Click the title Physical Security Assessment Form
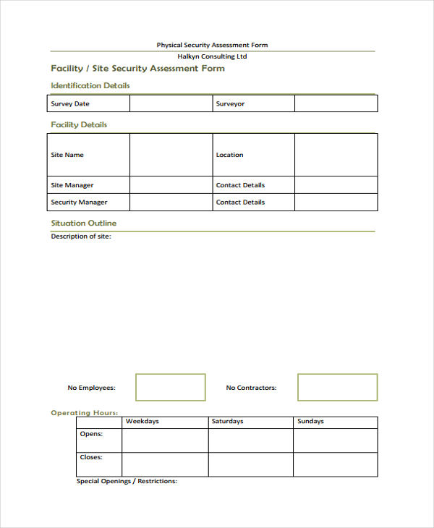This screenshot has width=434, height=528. click(x=212, y=45)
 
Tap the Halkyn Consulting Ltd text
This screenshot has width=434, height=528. click(x=212, y=56)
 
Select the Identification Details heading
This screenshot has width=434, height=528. click(x=90, y=85)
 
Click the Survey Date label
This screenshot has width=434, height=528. click(x=70, y=104)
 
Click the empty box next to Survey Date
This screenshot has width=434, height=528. click(x=171, y=103)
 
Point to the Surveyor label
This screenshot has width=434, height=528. click(x=230, y=104)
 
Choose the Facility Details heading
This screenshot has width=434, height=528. click(x=79, y=124)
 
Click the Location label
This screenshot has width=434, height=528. click(x=229, y=155)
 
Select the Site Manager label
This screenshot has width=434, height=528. click(x=72, y=185)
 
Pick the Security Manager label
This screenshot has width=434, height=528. click(x=79, y=203)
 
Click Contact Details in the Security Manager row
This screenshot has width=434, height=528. click(x=240, y=203)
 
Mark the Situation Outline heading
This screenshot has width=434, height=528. click(x=83, y=223)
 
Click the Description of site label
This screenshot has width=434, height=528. click(x=80, y=237)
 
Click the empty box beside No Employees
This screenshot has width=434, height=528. click(x=171, y=387)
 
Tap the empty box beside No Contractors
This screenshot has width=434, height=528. click(x=337, y=387)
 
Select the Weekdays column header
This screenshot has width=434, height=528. click(x=142, y=421)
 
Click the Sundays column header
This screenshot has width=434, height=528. click(x=311, y=421)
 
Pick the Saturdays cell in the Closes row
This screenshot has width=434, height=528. click(x=251, y=464)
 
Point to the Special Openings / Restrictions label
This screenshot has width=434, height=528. click(x=127, y=481)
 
